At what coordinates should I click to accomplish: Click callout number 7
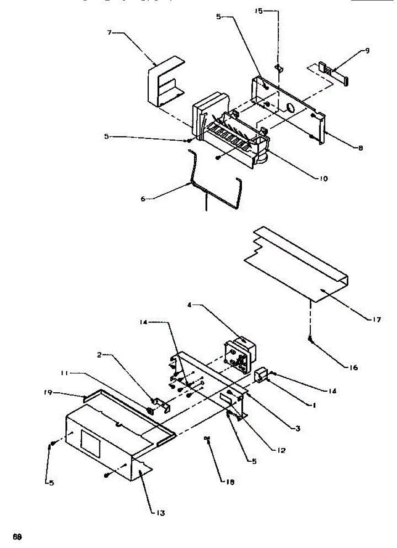110,33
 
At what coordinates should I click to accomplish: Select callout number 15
259,11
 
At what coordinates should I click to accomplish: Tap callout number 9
368,51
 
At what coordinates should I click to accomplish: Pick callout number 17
376,319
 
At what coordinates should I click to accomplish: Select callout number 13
159,513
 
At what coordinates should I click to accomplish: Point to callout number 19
47,392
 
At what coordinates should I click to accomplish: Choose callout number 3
298,428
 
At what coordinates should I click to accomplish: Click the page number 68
17,537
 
